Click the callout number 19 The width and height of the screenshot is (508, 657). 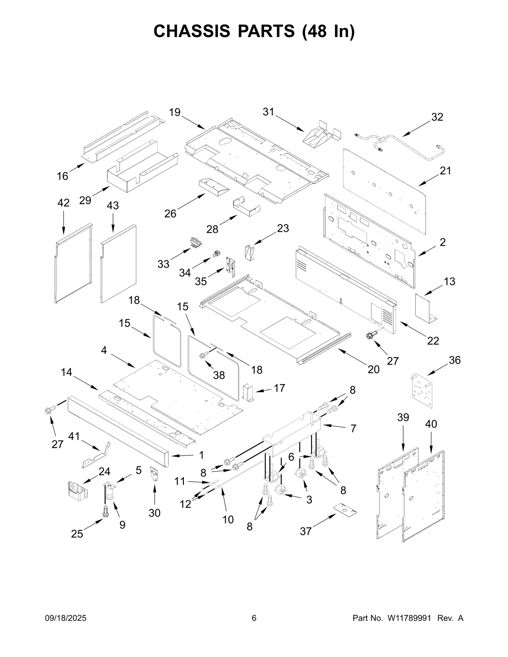[175, 112]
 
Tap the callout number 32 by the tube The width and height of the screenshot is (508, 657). [437, 117]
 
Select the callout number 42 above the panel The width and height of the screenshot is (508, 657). [63, 203]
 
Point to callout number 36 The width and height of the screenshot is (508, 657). [454, 360]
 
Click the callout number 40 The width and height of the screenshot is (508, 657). [431, 424]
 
